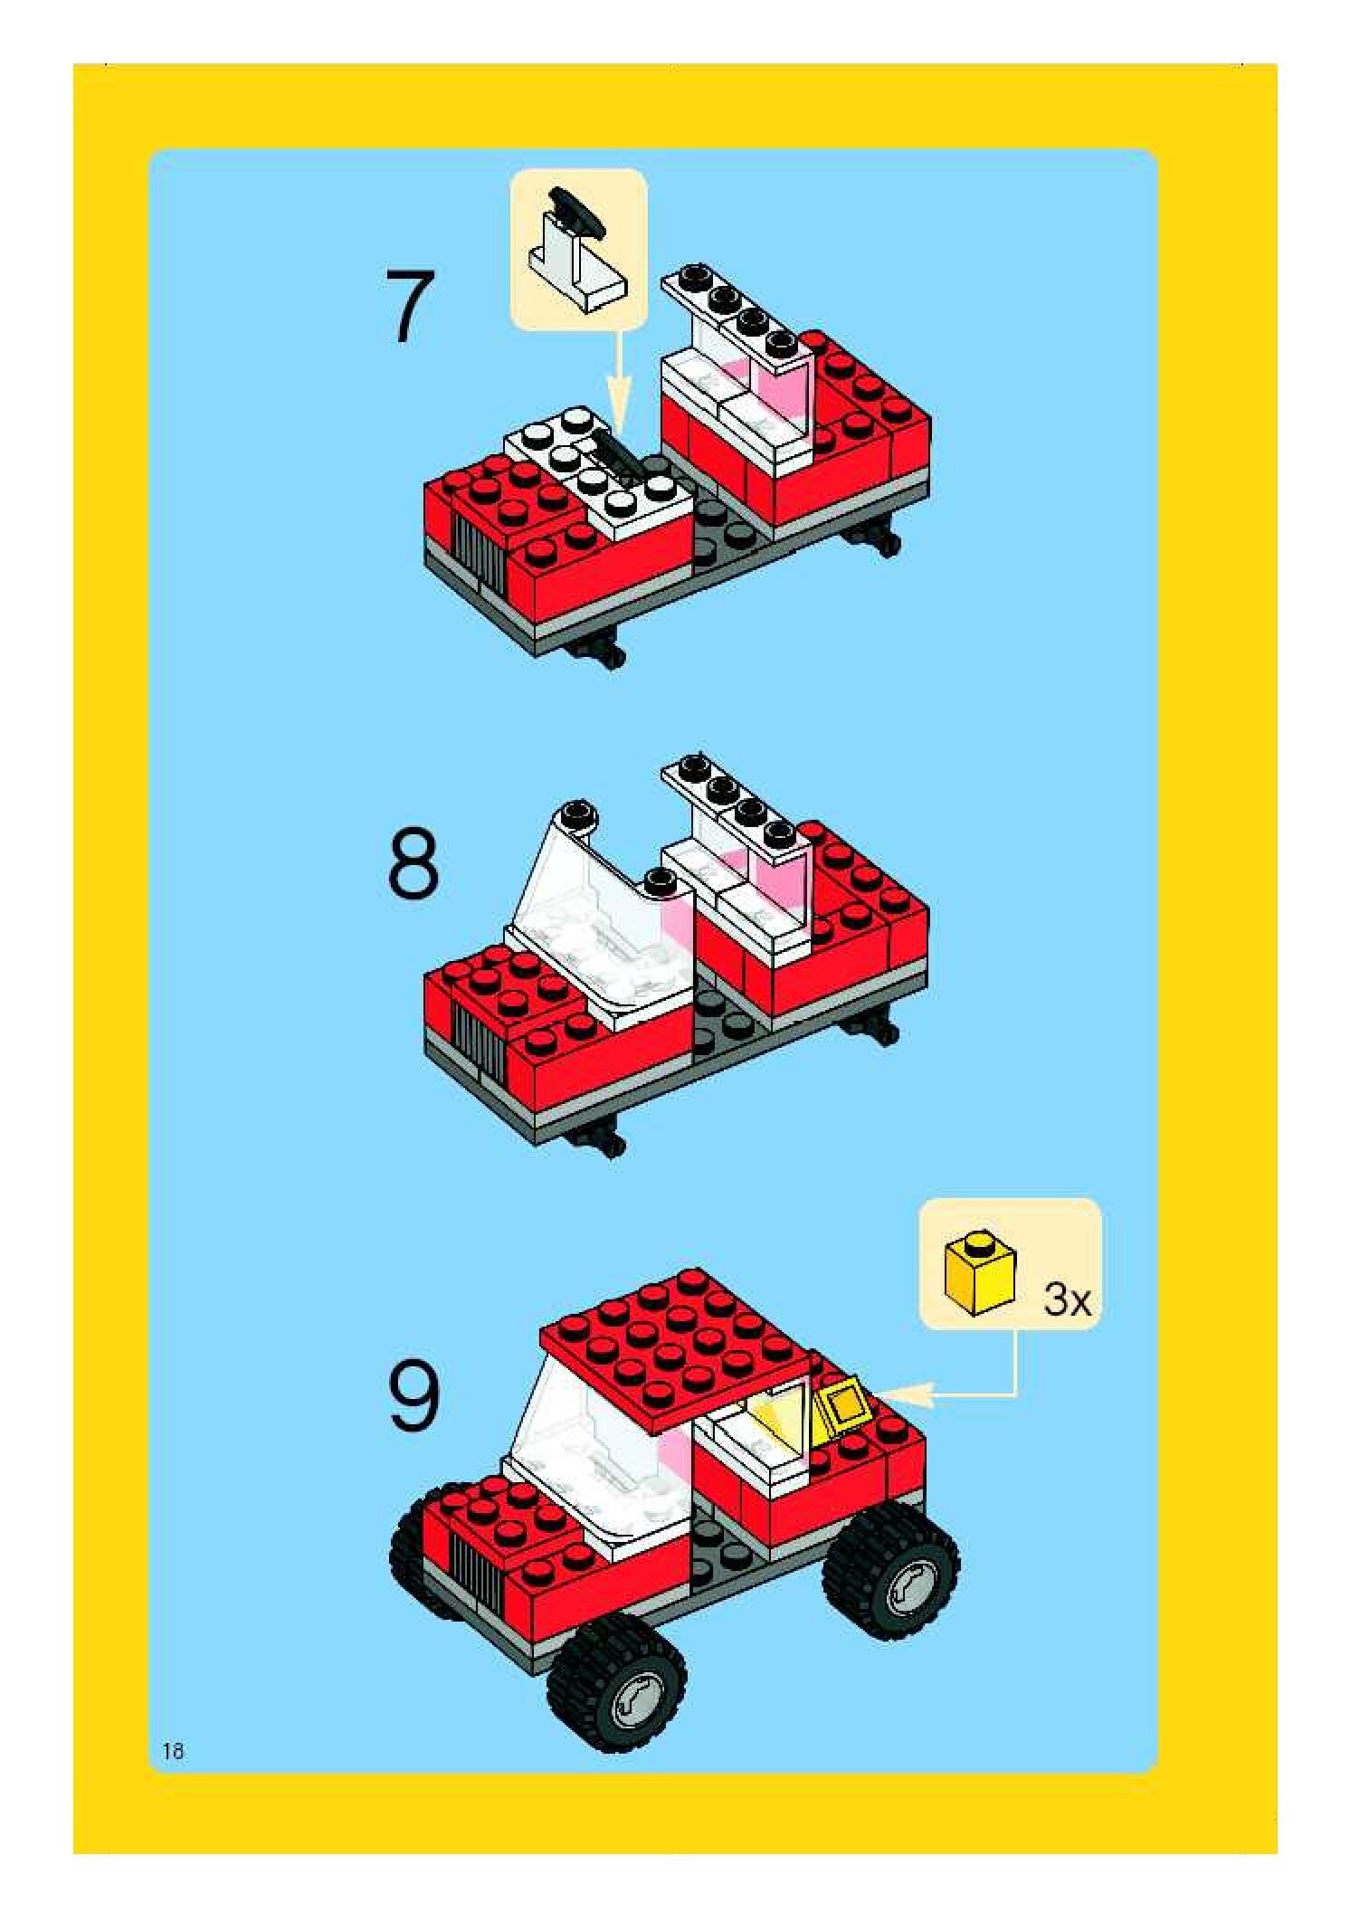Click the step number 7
[x=410, y=306]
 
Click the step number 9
[x=414, y=1397]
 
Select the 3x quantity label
[x=1068, y=1300]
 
